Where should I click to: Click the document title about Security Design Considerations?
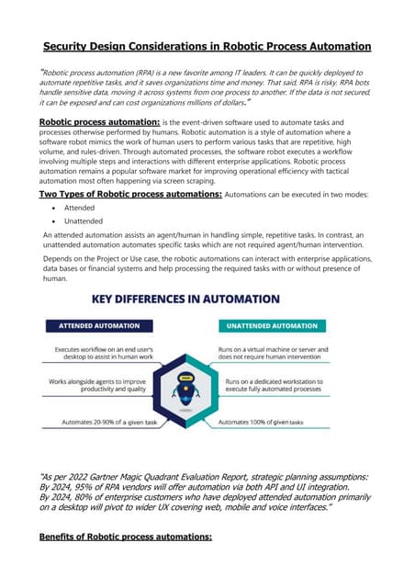pos(207,46)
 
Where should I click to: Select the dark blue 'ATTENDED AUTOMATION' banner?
pos(99,325)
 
